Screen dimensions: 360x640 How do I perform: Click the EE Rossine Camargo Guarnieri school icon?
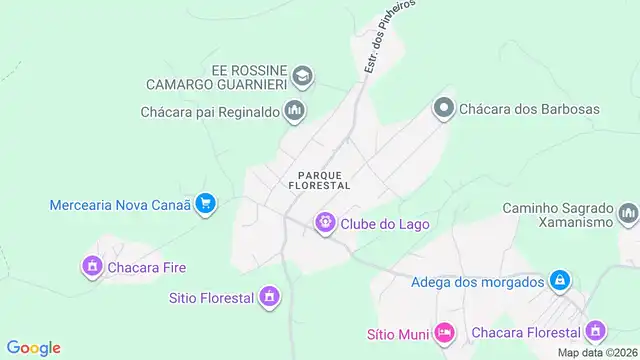[x=302, y=76]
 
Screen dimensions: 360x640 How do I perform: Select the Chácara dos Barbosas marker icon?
[x=443, y=108]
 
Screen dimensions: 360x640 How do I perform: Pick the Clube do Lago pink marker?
[x=325, y=223]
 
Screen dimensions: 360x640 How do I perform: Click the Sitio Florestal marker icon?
[x=268, y=297]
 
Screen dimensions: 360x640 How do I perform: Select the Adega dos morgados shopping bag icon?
[x=561, y=281]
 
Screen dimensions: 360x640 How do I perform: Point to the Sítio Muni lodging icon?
[x=444, y=331]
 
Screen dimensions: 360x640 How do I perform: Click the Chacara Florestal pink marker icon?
[x=596, y=331]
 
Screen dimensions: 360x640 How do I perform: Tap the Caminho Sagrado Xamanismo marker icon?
[x=628, y=213]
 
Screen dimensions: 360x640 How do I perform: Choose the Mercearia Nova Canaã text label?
[x=119, y=206]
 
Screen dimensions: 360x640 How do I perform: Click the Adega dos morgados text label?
[x=477, y=282]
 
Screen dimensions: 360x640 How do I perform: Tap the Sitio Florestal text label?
[x=211, y=297]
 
